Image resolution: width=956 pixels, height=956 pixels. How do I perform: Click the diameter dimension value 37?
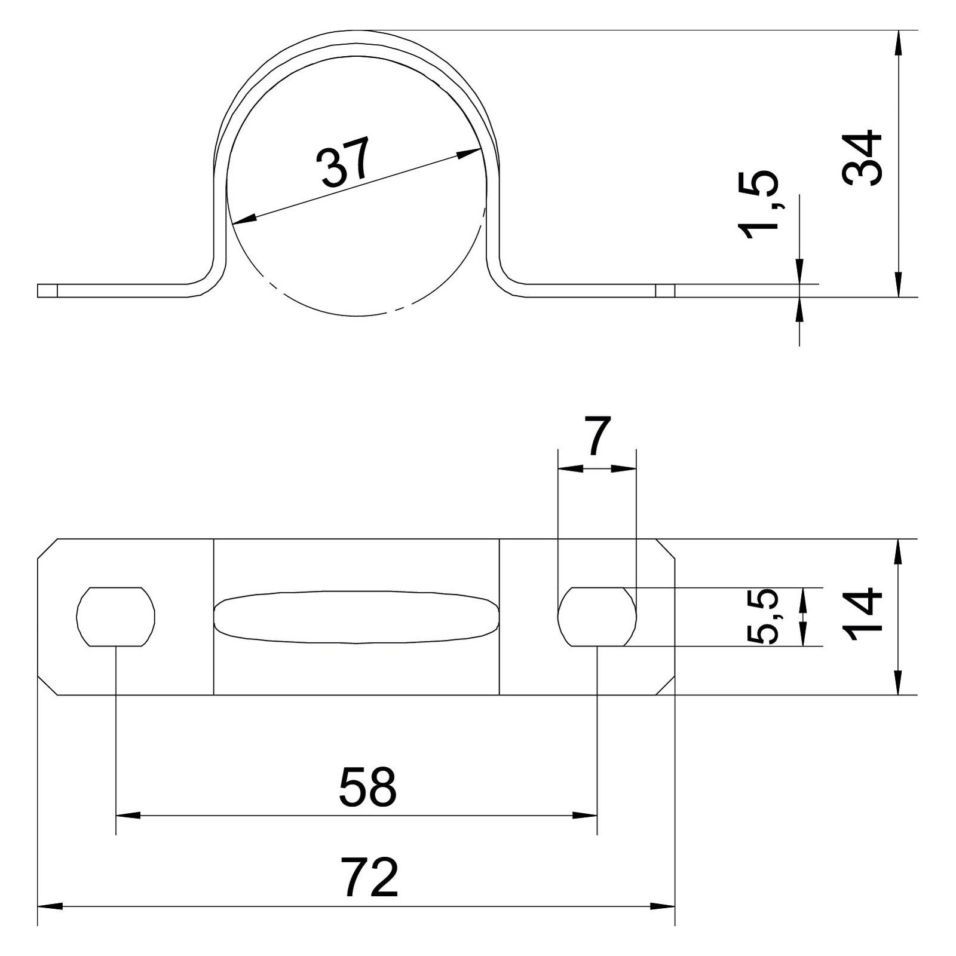point(344,161)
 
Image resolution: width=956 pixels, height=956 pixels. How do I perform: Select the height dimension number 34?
point(862,158)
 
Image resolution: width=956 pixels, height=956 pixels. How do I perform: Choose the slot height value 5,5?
point(763,616)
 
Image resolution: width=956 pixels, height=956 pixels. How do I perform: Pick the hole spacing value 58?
point(367,787)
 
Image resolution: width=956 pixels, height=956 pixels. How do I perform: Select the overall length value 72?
point(369,877)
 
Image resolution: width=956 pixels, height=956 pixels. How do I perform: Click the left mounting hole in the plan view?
point(116,617)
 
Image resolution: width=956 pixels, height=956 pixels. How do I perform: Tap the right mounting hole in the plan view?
point(597,617)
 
